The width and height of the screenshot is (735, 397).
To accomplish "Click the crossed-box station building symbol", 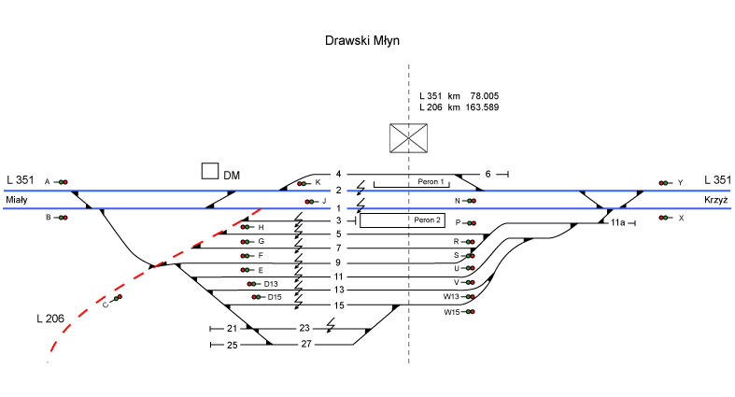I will click(x=409, y=138).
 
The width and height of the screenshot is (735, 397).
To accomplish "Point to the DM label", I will click(x=233, y=175).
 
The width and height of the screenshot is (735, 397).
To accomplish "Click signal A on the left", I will click(x=62, y=182).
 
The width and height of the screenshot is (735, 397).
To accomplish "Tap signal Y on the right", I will click(x=665, y=182).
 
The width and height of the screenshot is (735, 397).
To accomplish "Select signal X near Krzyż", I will click(x=665, y=218).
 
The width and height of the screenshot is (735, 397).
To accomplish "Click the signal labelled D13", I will click(x=253, y=283).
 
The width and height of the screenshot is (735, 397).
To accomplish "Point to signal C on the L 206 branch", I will click(x=117, y=299).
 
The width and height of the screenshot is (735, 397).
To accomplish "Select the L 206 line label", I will click(x=48, y=319).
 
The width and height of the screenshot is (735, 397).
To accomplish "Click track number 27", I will click(x=305, y=345).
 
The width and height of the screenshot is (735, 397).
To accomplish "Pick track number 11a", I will click(x=617, y=223).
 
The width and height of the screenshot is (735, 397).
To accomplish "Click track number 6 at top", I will click(x=487, y=174).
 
